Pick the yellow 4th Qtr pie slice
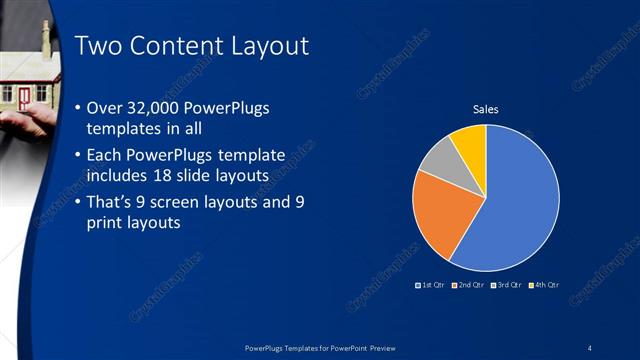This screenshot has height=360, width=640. click(x=470, y=143)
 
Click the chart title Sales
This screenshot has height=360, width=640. click(x=485, y=109)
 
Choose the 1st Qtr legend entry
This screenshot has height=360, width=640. click(x=432, y=286)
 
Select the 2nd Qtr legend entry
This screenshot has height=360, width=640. click(x=468, y=286)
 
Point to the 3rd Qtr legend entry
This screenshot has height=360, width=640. click(x=505, y=286)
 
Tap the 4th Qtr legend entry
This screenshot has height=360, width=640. click(x=542, y=286)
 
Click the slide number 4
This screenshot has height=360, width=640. click(x=590, y=347)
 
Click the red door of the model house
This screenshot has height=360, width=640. click(x=23, y=96)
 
